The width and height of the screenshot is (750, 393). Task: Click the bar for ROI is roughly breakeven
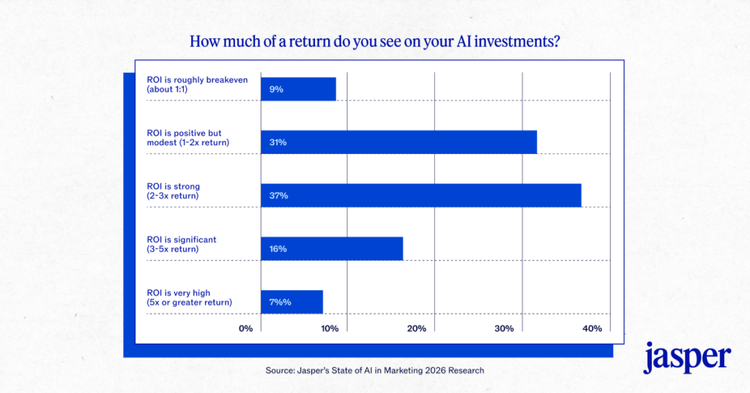pyautogui.click(x=298, y=89)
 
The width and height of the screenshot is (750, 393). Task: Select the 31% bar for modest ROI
pyautogui.click(x=398, y=142)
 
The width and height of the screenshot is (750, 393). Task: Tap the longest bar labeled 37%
pyautogui.click(x=421, y=196)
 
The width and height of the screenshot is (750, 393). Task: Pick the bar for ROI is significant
pyautogui.click(x=332, y=249)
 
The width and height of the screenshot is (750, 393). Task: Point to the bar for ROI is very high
pyautogui.click(x=292, y=302)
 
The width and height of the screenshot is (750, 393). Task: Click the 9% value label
pyautogui.click(x=276, y=89)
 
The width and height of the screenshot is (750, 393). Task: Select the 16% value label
pyautogui.click(x=278, y=249)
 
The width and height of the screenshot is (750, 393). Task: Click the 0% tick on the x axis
pyautogui.click(x=246, y=328)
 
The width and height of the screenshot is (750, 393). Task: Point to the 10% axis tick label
pyautogui.click(x=330, y=328)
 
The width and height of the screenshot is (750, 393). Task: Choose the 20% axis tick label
pyautogui.click(x=417, y=328)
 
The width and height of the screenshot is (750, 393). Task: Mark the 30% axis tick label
pyautogui.click(x=504, y=328)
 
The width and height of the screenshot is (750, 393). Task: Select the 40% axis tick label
pyautogui.click(x=592, y=328)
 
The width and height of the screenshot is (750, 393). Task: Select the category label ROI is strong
pyautogui.click(x=173, y=186)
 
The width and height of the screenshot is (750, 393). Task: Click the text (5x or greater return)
pyautogui.click(x=189, y=302)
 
